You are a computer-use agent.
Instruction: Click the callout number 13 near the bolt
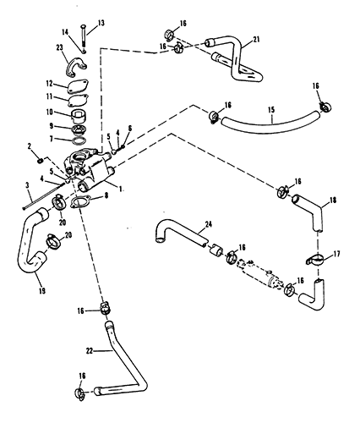point(101,23)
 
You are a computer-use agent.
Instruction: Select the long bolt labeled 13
point(85,36)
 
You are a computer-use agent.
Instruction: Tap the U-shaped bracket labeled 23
point(76,67)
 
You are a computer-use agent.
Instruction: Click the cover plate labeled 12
point(78,86)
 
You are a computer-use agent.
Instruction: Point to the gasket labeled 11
point(78,100)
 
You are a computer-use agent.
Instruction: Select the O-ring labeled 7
point(79,140)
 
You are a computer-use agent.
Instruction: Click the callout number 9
point(51,126)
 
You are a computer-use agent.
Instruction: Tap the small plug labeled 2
point(40,161)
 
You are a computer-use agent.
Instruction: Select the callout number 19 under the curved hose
point(42,291)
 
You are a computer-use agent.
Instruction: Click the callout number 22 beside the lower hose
point(90,351)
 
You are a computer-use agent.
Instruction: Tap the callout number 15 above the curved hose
point(271,110)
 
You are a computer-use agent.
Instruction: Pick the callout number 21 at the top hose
point(256,39)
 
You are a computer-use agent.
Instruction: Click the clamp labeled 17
point(315,260)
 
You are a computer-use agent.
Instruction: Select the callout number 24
point(209,224)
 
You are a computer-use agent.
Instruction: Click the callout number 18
point(333,200)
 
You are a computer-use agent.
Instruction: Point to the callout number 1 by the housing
point(120,190)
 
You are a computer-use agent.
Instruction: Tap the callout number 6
point(129,129)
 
